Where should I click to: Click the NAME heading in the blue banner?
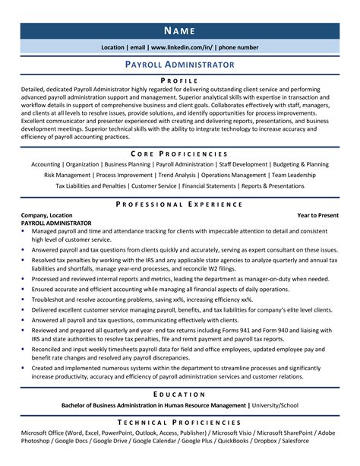click(180, 30)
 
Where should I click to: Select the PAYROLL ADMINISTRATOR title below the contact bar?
click(180, 65)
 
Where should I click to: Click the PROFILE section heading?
click(180, 80)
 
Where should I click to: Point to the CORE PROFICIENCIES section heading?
click(180, 153)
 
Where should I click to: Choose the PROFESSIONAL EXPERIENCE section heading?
click(180, 204)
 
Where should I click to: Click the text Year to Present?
click(317, 216)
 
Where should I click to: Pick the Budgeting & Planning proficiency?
click(300, 164)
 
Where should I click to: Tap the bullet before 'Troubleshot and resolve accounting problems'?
click(24, 300)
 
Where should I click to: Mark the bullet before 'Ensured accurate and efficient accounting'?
click(24, 290)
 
